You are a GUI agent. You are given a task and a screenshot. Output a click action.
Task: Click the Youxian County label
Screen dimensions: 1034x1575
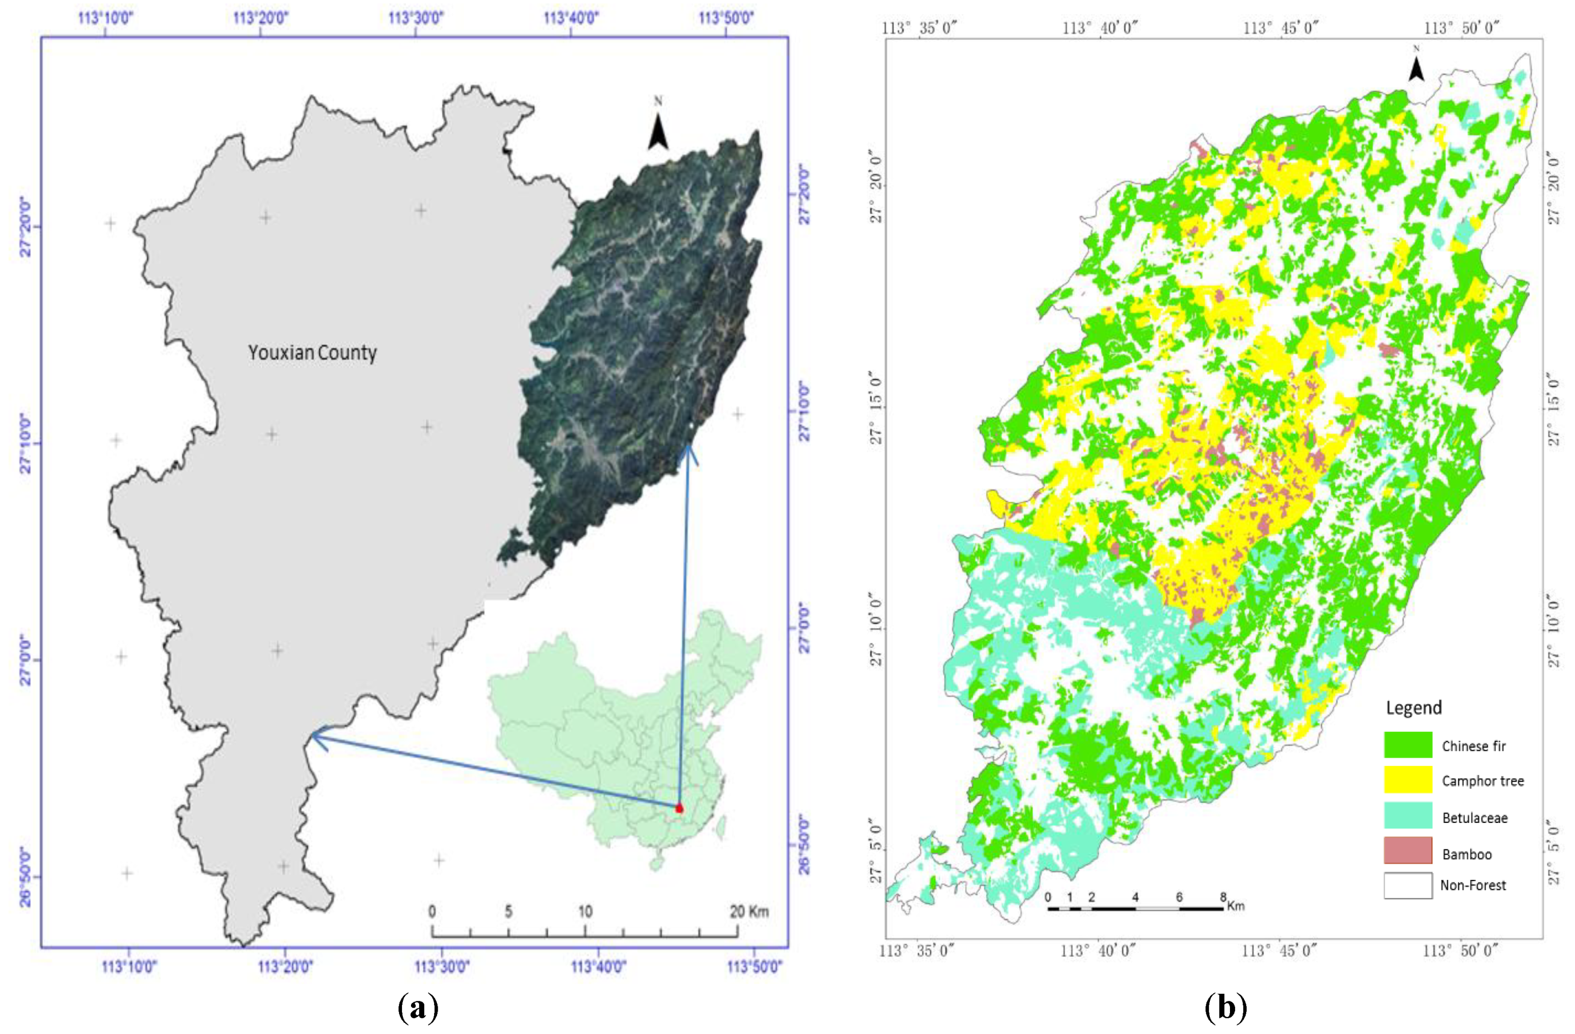[x=312, y=353]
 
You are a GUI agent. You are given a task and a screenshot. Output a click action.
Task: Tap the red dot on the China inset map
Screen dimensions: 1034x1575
[x=679, y=808]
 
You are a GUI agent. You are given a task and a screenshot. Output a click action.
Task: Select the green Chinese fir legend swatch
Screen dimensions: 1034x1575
[x=1408, y=745]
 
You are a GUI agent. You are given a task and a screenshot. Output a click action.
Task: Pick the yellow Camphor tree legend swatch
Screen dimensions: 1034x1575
[x=1408, y=780]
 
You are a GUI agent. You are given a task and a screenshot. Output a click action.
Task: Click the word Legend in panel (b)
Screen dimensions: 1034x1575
[x=1413, y=708]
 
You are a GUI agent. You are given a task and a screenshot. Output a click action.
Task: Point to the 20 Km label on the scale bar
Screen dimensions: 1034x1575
[x=748, y=912]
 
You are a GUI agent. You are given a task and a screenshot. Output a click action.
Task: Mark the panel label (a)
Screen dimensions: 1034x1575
[x=418, y=1009]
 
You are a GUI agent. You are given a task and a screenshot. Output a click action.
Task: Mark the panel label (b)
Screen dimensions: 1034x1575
[x=1225, y=1009]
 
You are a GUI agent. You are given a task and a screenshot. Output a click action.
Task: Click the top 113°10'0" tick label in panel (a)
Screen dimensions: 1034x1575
[x=106, y=18]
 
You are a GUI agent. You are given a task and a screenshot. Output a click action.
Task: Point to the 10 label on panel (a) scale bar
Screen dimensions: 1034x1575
[x=585, y=912]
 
